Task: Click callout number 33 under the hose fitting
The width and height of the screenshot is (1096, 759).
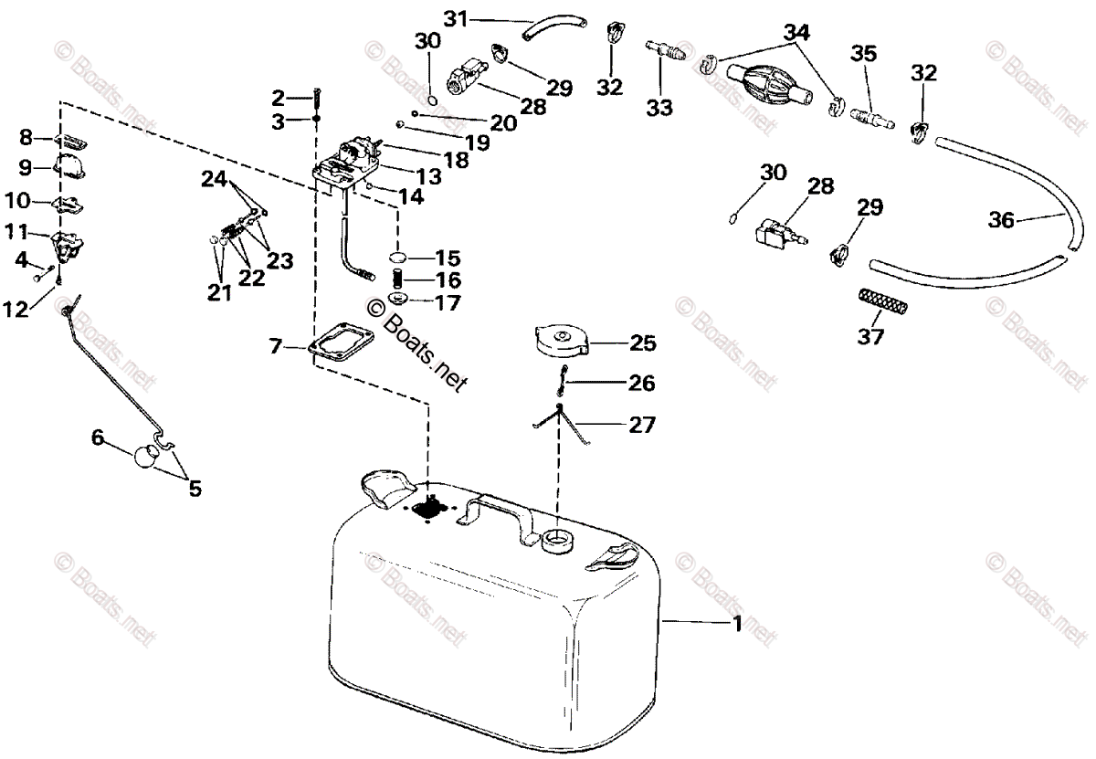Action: tap(659, 108)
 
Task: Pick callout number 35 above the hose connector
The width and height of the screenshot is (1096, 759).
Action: tap(863, 54)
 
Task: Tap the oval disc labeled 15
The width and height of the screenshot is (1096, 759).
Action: tap(397, 257)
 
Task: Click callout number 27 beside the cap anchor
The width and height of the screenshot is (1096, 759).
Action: tap(641, 425)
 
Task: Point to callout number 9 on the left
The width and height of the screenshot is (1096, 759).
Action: tap(25, 167)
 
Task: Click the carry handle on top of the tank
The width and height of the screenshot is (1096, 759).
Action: tap(493, 512)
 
